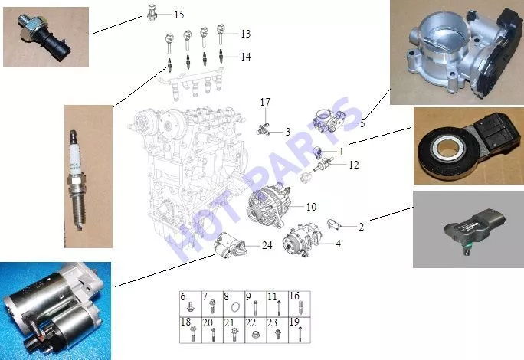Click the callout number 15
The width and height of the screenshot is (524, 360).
[179, 15]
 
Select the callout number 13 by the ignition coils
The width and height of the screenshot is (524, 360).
[246, 34]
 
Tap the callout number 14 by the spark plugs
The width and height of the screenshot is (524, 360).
[246, 57]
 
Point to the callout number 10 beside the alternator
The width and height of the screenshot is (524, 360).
[311, 207]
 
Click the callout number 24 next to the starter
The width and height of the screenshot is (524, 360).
[267, 246]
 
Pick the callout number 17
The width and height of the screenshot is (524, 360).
[265, 103]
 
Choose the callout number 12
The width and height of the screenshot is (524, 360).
[354, 165]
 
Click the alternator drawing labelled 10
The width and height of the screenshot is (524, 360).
[268, 206]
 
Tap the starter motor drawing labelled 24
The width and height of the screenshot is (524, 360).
[231, 245]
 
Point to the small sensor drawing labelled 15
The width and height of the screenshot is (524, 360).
[152, 13]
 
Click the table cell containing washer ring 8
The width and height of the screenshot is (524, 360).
[234, 303]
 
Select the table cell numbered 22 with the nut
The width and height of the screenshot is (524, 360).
[256, 330]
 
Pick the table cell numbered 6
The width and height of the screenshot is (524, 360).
[191, 303]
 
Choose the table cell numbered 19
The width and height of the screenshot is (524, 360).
[300, 330]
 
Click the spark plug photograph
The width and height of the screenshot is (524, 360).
[88, 176]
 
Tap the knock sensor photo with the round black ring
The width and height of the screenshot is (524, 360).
[469, 146]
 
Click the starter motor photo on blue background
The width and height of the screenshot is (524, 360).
[55, 311]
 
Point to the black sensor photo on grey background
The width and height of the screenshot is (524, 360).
[469, 229]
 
